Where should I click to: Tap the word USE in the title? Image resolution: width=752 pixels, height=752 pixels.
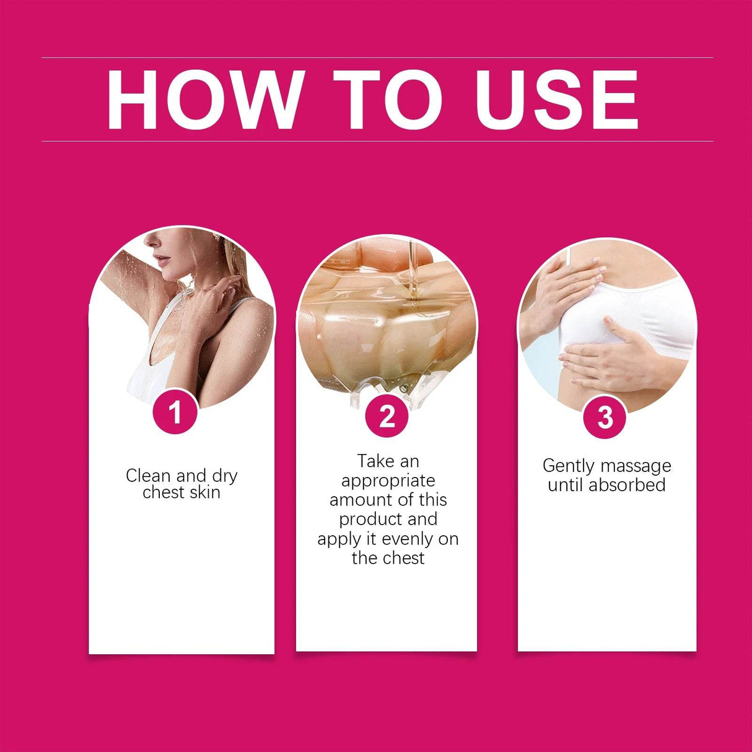coord(556,100)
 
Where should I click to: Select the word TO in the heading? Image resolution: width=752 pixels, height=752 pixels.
coord(387,100)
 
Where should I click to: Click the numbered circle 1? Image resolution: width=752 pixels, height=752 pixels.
coord(175,412)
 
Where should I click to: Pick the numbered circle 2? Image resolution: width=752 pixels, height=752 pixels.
coord(387,416)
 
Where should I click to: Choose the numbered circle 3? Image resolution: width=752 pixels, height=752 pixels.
coord(605,417)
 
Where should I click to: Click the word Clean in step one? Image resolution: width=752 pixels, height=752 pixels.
coord(149,476)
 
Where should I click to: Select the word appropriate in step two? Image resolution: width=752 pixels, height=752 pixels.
coord(388,481)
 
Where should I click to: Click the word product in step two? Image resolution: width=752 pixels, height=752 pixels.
coord(369,519)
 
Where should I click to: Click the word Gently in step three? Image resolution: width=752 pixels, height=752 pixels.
coord(567,466)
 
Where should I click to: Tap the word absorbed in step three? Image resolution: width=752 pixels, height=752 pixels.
coord(627,485)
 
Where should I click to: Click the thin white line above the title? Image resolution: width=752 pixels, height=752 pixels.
coord(377,58)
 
